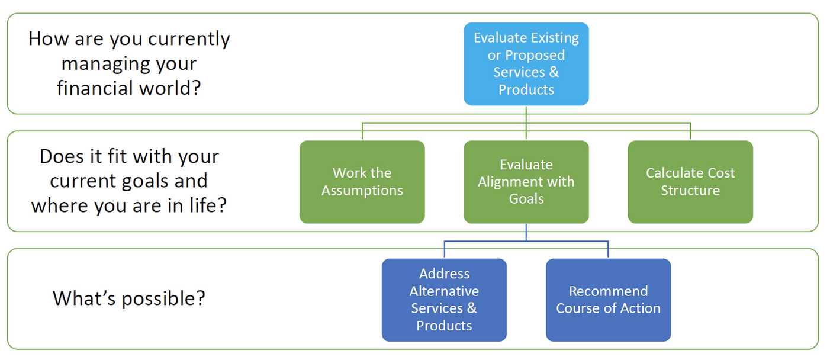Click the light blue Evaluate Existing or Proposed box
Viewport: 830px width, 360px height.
pos(526,64)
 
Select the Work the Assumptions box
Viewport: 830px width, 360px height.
pos(362,182)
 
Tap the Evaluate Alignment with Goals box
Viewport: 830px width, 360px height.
pos(526,182)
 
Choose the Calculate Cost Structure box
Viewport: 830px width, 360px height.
pos(690,182)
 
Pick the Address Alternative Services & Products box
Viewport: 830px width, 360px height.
pos(444,300)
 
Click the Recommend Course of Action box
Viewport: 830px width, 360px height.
pos(609,300)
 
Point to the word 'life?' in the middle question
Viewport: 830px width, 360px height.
pos(208,205)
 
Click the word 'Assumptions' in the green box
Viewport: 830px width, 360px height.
pos(362,191)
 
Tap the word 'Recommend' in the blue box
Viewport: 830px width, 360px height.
pos(609,291)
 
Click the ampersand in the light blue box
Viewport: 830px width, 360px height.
pos(554,72)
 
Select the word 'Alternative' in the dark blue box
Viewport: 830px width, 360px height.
pos(444,291)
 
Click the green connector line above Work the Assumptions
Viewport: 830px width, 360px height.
pos(362,131)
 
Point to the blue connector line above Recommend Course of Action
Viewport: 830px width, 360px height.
pos(608,249)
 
